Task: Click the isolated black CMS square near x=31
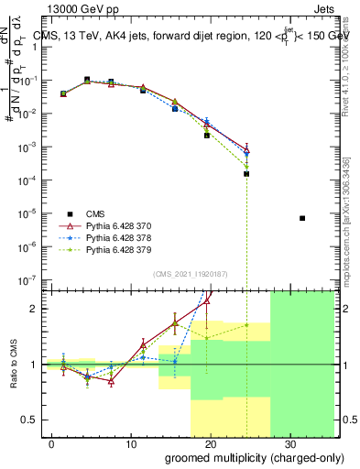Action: [302, 218]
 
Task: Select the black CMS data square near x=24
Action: [246, 173]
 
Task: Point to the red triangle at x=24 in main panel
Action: [246, 148]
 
